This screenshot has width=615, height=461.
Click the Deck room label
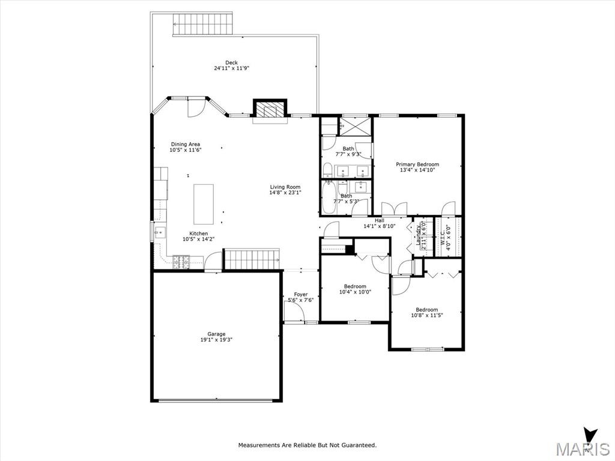pyautogui.click(x=231, y=62)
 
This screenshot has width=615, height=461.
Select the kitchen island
pyautogui.click(x=204, y=204)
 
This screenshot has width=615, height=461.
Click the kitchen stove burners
pyautogui.click(x=181, y=262)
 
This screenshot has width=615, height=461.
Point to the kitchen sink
pyautogui.click(x=160, y=232)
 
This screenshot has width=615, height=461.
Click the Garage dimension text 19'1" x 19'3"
pyautogui.click(x=216, y=340)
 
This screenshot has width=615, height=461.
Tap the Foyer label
pyautogui.click(x=301, y=294)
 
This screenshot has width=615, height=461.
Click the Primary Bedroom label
pyautogui.click(x=417, y=164)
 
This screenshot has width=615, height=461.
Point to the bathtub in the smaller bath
pyautogui.click(x=329, y=197)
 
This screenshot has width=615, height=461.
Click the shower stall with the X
pyautogui.click(x=354, y=126)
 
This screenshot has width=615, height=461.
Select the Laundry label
pyautogui.click(x=419, y=235)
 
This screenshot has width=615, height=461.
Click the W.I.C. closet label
pyautogui.click(x=443, y=238)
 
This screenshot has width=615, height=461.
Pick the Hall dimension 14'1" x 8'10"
pyautogui.click(x=380, y=226)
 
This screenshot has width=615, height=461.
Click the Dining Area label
pyautogui.click(x=185, y=144)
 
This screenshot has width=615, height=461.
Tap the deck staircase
pyautogui.click(x=203, y=25)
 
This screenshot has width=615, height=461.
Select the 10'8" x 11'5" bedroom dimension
pyautogui.click(x=427, y=315)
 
